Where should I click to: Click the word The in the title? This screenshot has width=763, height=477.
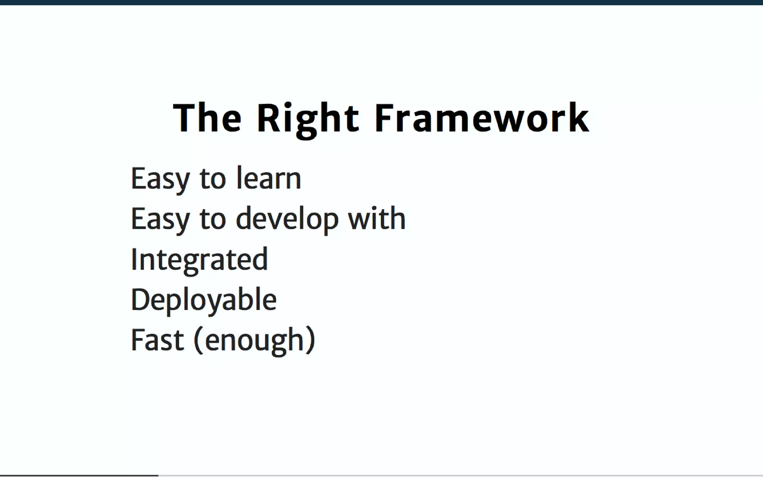207,118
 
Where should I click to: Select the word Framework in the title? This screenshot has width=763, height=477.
481,118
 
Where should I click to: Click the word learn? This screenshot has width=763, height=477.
269,179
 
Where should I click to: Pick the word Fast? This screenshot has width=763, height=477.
157,340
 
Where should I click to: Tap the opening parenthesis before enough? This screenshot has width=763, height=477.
199,340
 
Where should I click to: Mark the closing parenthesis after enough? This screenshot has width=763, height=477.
310,340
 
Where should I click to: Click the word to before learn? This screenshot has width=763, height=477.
213,179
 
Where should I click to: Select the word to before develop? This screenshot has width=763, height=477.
213,219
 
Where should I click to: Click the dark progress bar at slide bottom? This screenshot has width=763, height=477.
79,475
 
